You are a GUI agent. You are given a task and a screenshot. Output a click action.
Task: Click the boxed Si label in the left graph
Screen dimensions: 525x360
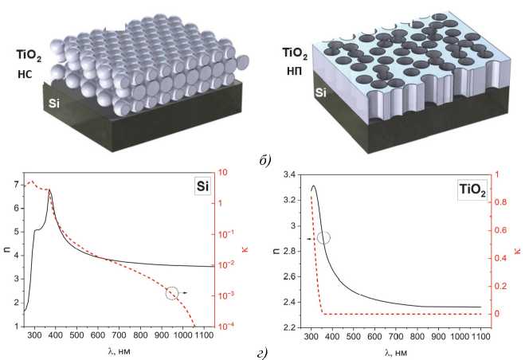(202, 186)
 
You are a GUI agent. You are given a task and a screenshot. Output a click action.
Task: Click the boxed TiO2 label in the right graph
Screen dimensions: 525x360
(472, 190)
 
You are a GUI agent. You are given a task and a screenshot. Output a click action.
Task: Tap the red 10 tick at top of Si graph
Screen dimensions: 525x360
(222, 173)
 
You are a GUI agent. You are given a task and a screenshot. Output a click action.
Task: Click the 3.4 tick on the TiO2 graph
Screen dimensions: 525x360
(290, 174)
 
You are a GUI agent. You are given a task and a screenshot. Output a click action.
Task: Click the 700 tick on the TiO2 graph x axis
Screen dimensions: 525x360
(396, 336)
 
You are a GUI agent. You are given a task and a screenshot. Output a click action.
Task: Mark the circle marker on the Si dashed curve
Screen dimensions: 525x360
(172, 293)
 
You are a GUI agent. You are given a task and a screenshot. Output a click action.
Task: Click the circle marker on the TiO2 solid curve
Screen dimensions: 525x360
(323, 238)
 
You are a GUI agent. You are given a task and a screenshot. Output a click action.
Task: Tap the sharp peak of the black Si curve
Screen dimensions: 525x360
(49, 190)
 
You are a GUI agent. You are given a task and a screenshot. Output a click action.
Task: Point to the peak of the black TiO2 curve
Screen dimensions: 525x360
(313, 186)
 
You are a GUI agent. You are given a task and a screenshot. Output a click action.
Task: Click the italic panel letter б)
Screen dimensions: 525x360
(264, 161)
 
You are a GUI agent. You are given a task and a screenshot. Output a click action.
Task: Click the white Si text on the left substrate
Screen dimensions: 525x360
(54, 104)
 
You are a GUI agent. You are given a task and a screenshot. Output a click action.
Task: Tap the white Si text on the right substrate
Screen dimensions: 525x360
(320, 92)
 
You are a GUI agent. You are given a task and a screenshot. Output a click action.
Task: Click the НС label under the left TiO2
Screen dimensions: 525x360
(25, 74)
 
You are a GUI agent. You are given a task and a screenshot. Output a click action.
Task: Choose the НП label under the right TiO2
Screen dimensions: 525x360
(294, 71)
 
